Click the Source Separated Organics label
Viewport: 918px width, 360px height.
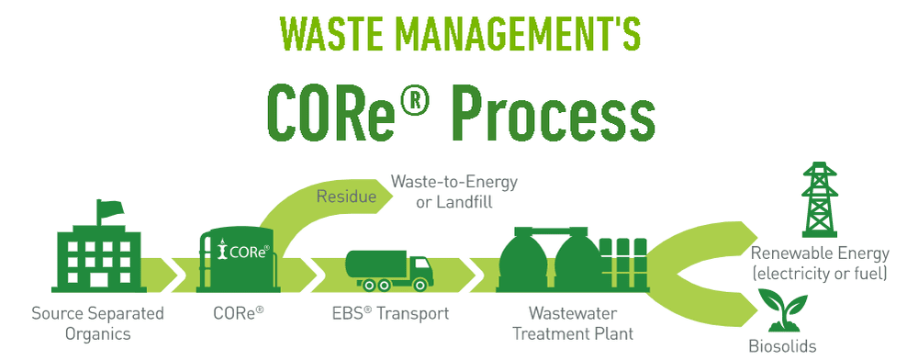coord(97,322)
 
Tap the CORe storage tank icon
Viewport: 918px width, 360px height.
coord(235,261)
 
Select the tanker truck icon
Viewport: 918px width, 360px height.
coord(388,268)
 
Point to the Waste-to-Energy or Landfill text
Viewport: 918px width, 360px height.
coord(454,192)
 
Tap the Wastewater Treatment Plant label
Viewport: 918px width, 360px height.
coord(573,322)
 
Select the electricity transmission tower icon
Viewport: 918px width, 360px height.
coord(819,200)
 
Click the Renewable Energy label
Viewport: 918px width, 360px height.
coord(819,264)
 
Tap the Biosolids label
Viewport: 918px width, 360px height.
coord(782,346)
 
